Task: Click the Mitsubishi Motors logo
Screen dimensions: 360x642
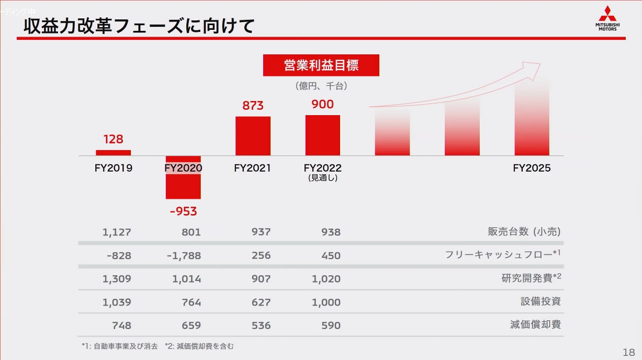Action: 607,18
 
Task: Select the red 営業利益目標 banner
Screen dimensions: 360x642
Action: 321,66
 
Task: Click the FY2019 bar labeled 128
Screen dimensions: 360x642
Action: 113,153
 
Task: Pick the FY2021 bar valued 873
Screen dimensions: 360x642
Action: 253,136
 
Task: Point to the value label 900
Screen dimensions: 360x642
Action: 322,105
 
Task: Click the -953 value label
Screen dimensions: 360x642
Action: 183,211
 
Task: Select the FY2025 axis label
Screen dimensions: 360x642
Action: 532,168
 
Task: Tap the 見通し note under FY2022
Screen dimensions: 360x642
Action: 323,178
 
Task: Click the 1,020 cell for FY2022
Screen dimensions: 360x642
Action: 326,279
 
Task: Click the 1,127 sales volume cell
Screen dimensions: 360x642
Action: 117,232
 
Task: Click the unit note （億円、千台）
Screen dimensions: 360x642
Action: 321,85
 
